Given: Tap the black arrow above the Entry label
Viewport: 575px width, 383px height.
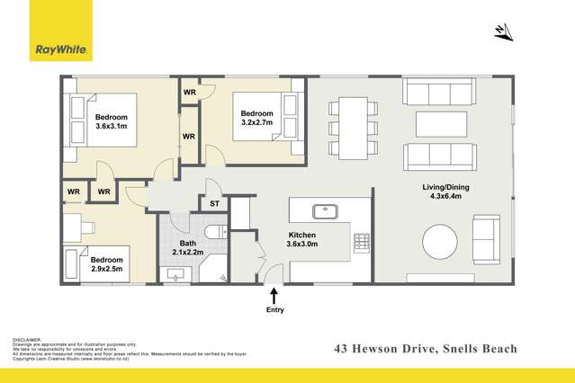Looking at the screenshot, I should (x=274, y=295).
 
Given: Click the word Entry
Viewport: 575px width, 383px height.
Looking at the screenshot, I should (x=274, y=310).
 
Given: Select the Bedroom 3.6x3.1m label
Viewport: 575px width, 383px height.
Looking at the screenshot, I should (x=111, y=123).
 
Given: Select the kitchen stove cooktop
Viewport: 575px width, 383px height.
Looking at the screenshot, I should (x=361, y=241).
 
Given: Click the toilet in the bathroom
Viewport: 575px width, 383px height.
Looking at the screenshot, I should (x=213, y=232).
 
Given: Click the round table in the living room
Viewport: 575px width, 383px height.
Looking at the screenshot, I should (x=442, y=242).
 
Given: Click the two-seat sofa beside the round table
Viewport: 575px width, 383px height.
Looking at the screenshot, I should (x=488, y=239).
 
